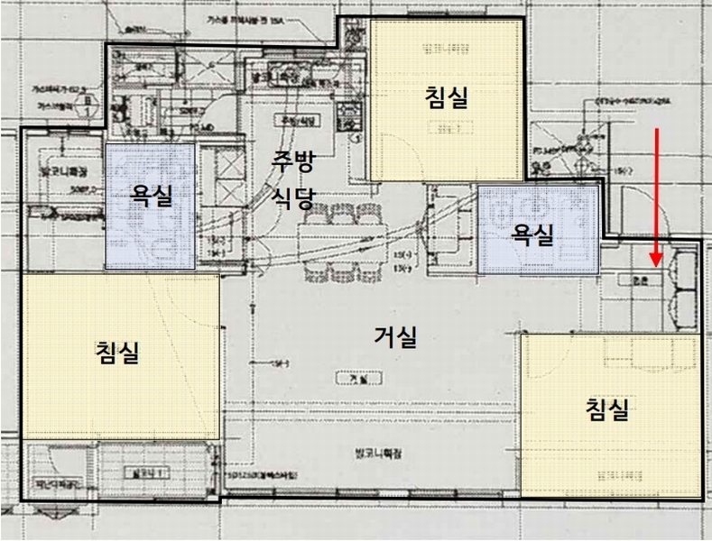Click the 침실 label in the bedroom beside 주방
click(x=447, y=97)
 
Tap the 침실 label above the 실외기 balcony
click(x=117, y=352)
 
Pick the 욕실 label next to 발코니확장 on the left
click(x=152, y=196)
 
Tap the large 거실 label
click(x=396, y=337)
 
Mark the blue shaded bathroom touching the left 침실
click(x=152, y=206)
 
